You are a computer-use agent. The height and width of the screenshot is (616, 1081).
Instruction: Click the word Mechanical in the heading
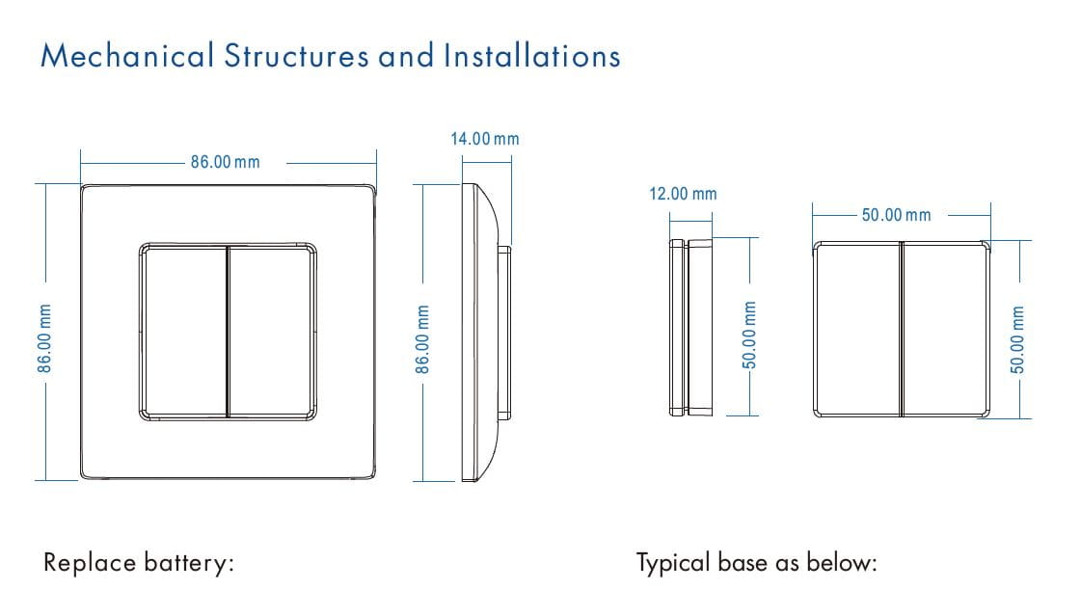[x=127, y=56]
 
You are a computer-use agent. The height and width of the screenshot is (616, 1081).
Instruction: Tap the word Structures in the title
[x=296, y=56]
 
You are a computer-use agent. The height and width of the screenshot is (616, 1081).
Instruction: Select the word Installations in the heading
[x=531, y=56]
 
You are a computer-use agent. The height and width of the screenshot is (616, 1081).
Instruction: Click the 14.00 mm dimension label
[x=484, y=139]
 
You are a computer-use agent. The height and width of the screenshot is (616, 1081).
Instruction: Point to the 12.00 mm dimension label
[x=683, y=194]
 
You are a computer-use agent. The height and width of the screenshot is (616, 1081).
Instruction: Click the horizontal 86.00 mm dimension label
[x=225, y=162]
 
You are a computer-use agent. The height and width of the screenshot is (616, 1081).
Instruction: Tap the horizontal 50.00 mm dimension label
[x=896, y=215]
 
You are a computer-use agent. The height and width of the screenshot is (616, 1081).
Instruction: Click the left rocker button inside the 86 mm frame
[x=183, y=331]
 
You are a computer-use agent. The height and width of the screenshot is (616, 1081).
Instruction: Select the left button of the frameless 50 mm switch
[x=856, y=329]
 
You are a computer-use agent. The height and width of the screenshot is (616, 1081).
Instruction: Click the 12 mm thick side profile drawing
[x=690, y=328]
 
